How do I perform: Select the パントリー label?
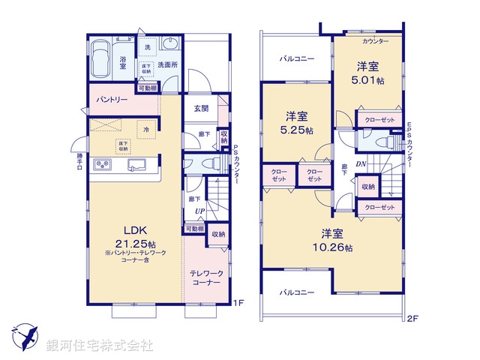(x=111, y=100)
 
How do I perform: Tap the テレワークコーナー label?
(x=205, y=278)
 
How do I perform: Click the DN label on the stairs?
(x=360, y=163)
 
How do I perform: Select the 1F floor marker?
(x=238, y=303)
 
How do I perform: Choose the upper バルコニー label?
(x=297, y=58)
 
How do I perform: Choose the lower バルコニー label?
(x=297, y=292)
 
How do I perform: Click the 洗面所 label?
(x=167, y=64)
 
